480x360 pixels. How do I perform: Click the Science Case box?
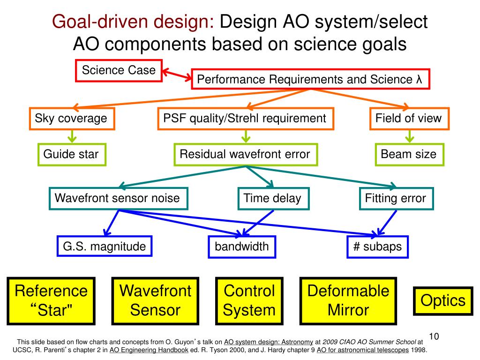[119, 70]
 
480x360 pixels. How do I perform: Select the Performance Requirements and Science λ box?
[310, 79]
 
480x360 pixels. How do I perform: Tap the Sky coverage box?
[71, 118]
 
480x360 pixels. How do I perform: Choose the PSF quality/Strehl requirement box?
[245, 118]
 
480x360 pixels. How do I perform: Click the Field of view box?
[409, 118]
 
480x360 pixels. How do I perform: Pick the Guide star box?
[71, 154]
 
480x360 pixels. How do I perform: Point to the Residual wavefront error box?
[245, 154]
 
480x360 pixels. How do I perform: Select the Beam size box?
[409, 154]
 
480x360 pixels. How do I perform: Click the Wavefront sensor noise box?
[118, 198]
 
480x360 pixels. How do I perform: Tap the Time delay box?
[272, 198]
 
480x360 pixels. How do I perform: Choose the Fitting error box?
[396, 198]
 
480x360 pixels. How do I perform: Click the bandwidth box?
[242, 246]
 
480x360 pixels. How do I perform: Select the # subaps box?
[378, 247]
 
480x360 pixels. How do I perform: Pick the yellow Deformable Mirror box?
[349, 300]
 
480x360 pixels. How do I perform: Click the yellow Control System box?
[249, 300]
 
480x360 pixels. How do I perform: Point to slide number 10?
[434, 337]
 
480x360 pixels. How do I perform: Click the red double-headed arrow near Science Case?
[177, 75]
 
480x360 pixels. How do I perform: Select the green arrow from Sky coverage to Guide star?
[72, 136]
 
